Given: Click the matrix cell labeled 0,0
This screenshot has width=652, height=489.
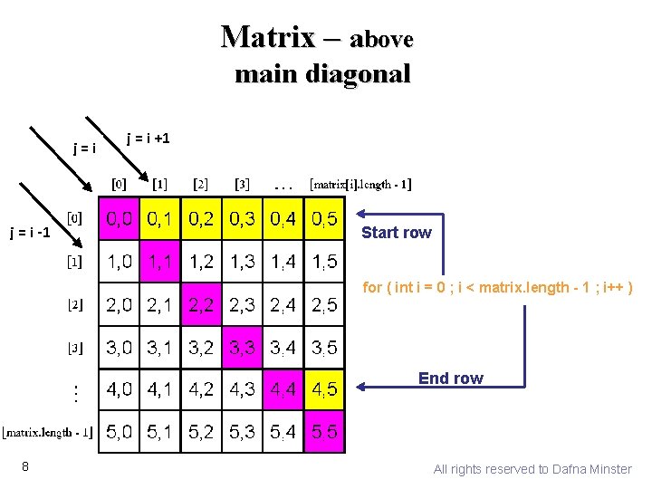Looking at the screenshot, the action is coord(119,219).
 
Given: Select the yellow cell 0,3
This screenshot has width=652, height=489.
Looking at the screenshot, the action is coord(242,219).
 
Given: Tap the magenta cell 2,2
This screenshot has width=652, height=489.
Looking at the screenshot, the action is coord(201,304).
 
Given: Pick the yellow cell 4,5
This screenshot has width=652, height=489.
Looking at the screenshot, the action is coord(324,390).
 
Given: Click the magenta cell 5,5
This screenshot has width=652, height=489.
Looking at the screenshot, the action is coord(324,433).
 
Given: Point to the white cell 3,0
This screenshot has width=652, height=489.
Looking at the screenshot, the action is coord(119,347).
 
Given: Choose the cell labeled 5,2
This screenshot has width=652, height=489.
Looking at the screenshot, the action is coord(201,433).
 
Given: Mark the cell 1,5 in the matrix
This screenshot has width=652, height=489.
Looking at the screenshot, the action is coord(324,262).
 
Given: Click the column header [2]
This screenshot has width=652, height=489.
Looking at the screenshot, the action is coord(200,185).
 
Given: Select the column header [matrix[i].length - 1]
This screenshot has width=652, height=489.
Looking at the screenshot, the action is coord(360,185).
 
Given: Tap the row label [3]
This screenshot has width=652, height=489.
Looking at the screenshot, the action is coord(75,347).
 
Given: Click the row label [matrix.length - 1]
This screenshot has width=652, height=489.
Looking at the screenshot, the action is coord(47,432).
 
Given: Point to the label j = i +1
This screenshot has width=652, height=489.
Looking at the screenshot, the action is coord(148,138).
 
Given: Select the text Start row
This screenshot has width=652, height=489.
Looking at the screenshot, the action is coord(397,233).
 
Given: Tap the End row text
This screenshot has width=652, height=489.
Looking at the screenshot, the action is coord(451,378).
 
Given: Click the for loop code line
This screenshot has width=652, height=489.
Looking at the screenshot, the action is coord(497,288).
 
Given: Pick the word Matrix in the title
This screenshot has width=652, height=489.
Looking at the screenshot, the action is coord(267,37).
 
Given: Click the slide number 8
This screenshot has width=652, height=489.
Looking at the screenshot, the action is coord(27,466).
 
